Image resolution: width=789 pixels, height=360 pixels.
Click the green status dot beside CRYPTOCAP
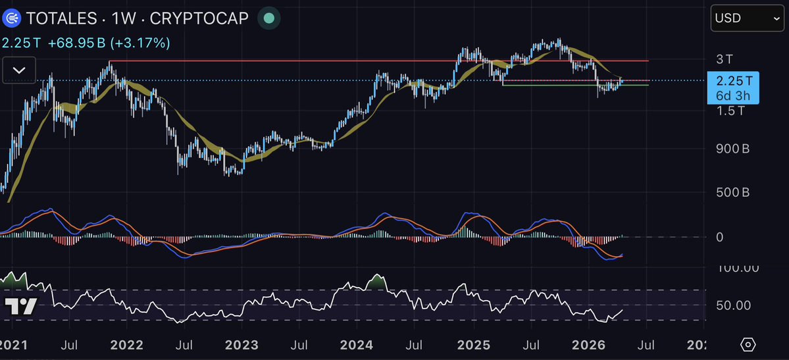pos(268,18)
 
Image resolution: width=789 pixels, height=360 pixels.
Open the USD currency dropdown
pos(746,18)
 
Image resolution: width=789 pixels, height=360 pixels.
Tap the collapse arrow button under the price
pos(19,69)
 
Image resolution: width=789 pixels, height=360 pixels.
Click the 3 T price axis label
pos(724,59)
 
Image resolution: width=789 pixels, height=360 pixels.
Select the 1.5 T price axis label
pos(730,111)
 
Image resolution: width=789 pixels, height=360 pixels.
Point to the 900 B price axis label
pos(732,149)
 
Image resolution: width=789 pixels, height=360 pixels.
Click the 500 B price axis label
pos(732,192)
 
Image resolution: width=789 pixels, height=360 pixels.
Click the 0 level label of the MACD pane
pos(719,236)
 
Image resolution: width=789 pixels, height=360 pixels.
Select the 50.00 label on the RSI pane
pos(733,305)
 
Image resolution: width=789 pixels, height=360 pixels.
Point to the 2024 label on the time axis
pos(358,344)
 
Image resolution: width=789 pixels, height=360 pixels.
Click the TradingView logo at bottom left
pos(20,306)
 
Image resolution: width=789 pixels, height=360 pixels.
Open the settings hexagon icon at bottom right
pos(747,344)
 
